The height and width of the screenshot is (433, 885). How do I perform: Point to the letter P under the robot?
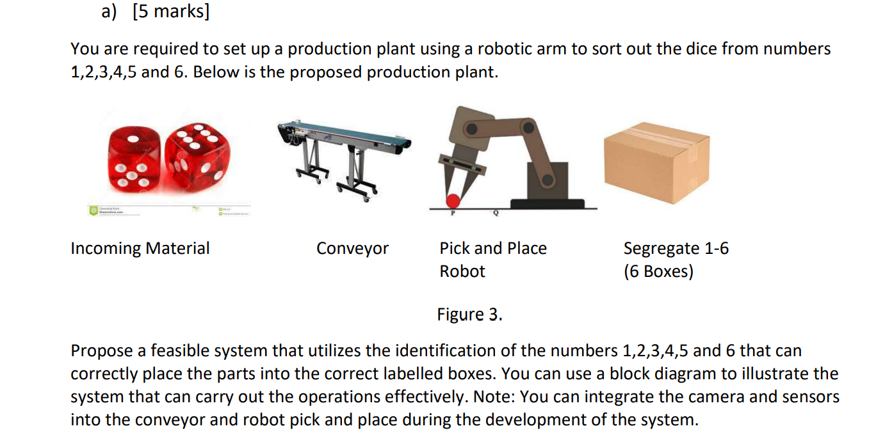click(x=453, y=214)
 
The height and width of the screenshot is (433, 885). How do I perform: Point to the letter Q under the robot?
click(x=494, y=214)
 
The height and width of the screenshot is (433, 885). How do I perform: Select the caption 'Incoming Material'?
click(x=140, y=248)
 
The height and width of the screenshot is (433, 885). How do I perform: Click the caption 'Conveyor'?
click(x=352, y=248)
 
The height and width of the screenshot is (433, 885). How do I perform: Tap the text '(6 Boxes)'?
click(x=658, y=271)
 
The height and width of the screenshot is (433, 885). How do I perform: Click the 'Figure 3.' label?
click(x=469, y=314)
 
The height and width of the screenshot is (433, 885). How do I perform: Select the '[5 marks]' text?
click(x=170, y=12)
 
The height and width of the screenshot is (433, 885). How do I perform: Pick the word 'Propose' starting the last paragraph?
click(x=102, y=350)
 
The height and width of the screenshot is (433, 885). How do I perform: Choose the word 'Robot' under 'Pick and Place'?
click(x=462, y=271)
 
